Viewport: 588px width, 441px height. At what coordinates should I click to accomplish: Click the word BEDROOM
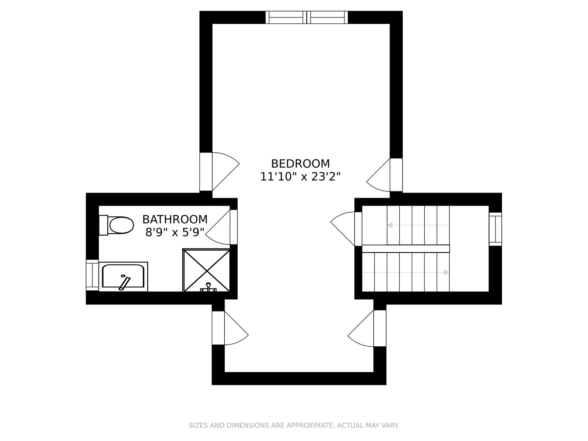[300, 164]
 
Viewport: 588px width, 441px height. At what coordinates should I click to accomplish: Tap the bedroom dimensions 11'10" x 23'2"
[300, 177]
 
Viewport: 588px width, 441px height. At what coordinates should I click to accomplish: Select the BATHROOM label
[175, 220]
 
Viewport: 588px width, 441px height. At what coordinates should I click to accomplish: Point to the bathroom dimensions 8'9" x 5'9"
[175, 232]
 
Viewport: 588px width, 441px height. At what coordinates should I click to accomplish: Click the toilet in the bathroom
[116, 225]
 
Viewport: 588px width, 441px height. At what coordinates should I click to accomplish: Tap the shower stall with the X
[206, 270]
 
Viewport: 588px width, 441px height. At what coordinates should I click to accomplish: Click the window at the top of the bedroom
[307, 17]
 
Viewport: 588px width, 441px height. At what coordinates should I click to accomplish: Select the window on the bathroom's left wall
[92, 275]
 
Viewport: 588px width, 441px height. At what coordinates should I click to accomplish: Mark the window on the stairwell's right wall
[495, 229]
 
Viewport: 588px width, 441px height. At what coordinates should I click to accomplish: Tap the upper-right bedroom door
[379, 175]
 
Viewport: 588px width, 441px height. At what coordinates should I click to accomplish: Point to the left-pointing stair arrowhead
[390, 225]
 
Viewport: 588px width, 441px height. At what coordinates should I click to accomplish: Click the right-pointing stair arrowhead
[447, 272]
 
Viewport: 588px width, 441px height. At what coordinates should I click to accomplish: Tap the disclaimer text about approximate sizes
[294, 425]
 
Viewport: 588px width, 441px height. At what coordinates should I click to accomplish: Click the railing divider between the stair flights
[406, 249]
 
